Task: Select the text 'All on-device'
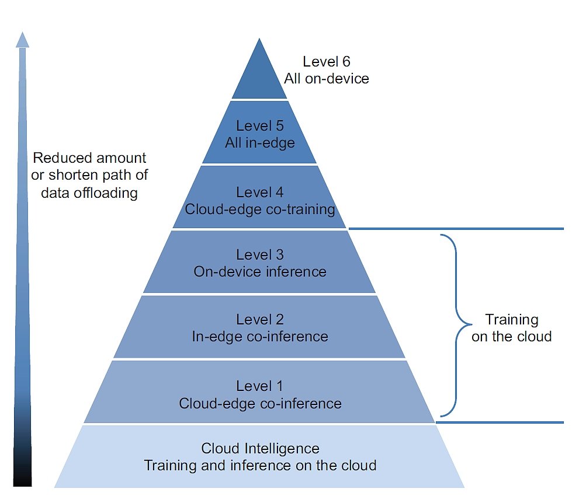click(x=327, y=78)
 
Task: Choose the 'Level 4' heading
click(x=259, y=192)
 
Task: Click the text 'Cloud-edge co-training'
click(x=260, y=209)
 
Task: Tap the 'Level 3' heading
click(x=259, y=255)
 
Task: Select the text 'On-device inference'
click(x=260, y=272)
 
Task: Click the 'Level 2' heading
click(x=259, y=320)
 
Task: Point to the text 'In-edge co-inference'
click(x=260, y=337)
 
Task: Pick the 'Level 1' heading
click(x=259, y=386)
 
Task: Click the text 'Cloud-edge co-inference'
click(x=260, y=403)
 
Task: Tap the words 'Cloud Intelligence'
click(x=260, y=448)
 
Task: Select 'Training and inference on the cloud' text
click(x=260, y=466)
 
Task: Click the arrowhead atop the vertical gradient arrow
click(x=22, y=40)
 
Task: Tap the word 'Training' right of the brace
click(x=512, y=320)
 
